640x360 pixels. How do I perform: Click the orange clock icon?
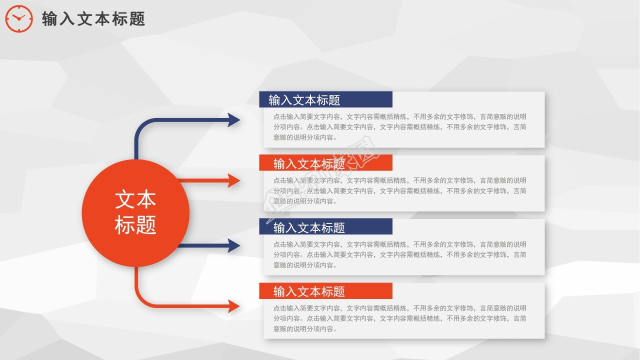pos(19,19)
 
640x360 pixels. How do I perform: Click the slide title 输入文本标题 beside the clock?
pos(93,19)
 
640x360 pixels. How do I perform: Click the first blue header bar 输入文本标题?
pos(325,99)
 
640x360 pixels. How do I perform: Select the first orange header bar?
pos(325,163)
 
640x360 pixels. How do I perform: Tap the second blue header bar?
pos(325,227)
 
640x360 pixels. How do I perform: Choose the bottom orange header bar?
pos(325,291)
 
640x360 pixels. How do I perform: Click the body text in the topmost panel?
pos(399,127)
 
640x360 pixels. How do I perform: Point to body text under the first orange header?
pos(399,190)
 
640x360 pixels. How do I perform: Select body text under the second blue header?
pos(399,254)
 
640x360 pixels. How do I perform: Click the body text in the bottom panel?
pos(399,318)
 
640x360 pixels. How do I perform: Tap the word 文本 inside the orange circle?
pos(135,199)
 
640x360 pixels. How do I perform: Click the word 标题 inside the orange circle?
pos(135,224)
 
